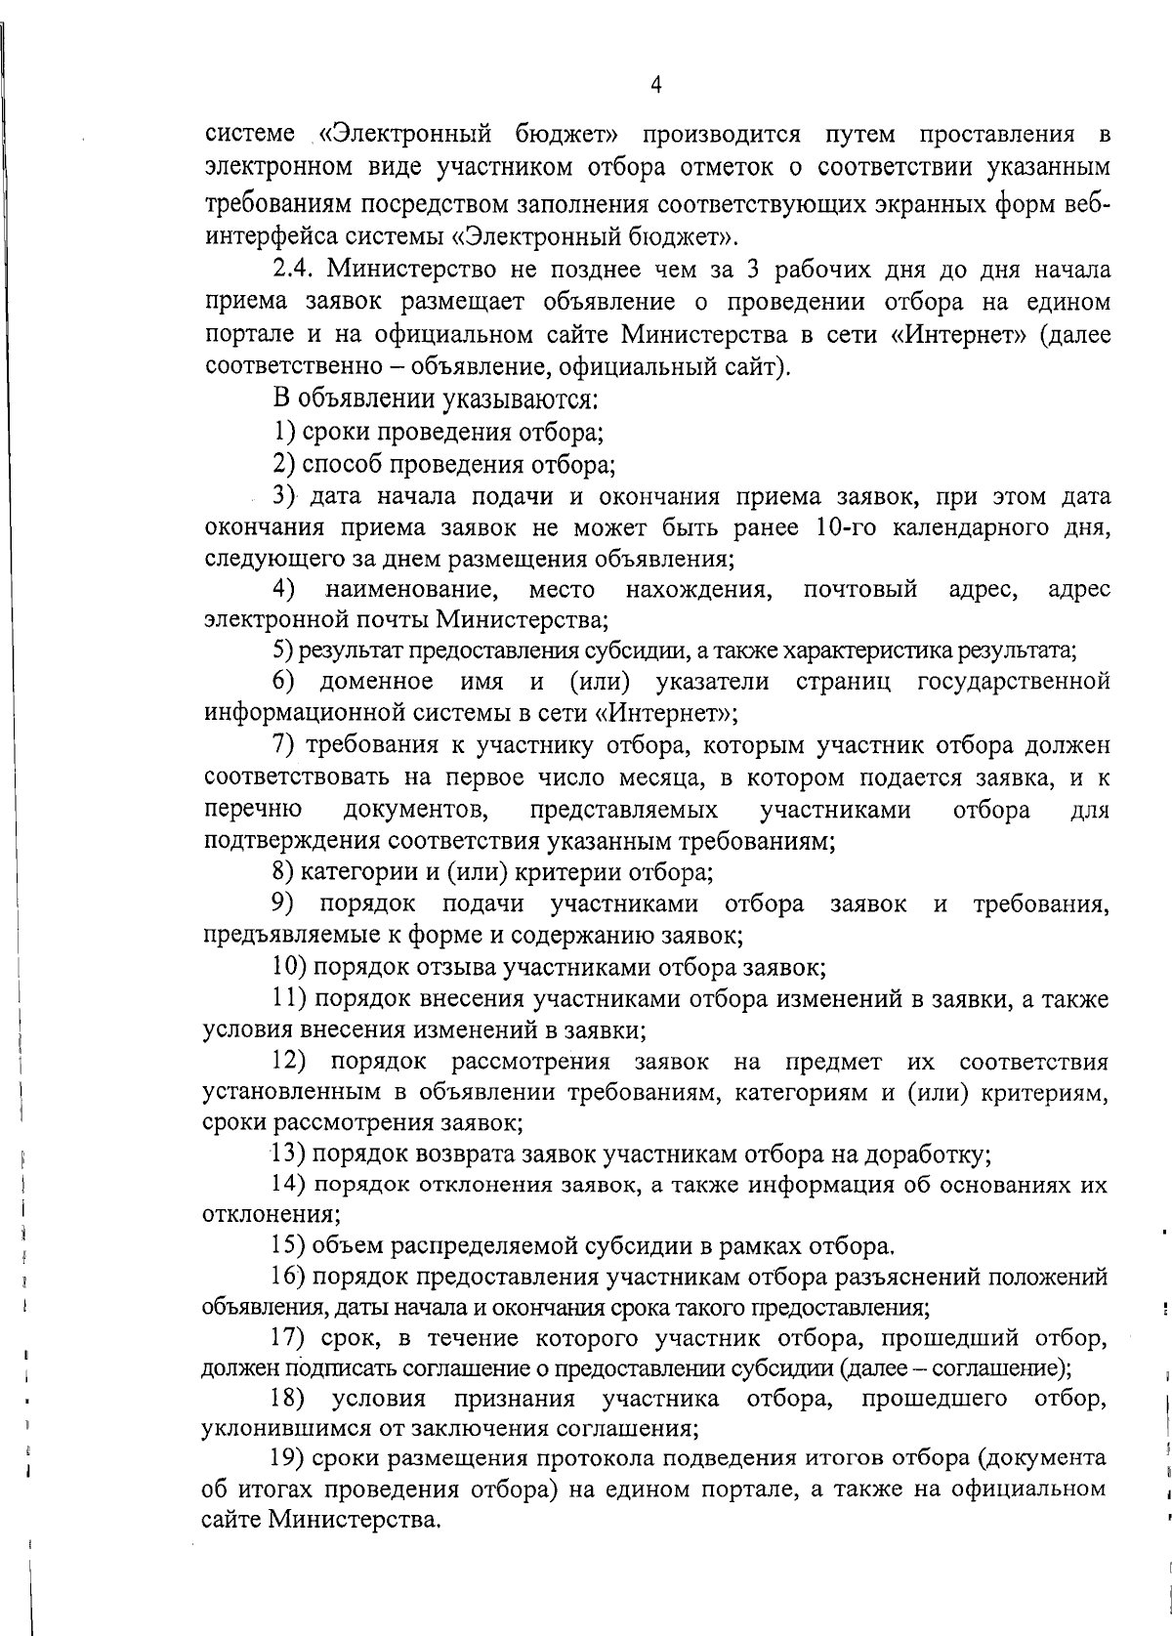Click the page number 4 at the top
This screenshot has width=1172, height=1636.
click(655, 86)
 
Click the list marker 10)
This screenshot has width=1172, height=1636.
click(289, 967)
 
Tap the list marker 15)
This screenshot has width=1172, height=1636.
click(289, 1246)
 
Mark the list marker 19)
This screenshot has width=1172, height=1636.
click(289, 1491)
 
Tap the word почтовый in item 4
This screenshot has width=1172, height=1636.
click(860, 589)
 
